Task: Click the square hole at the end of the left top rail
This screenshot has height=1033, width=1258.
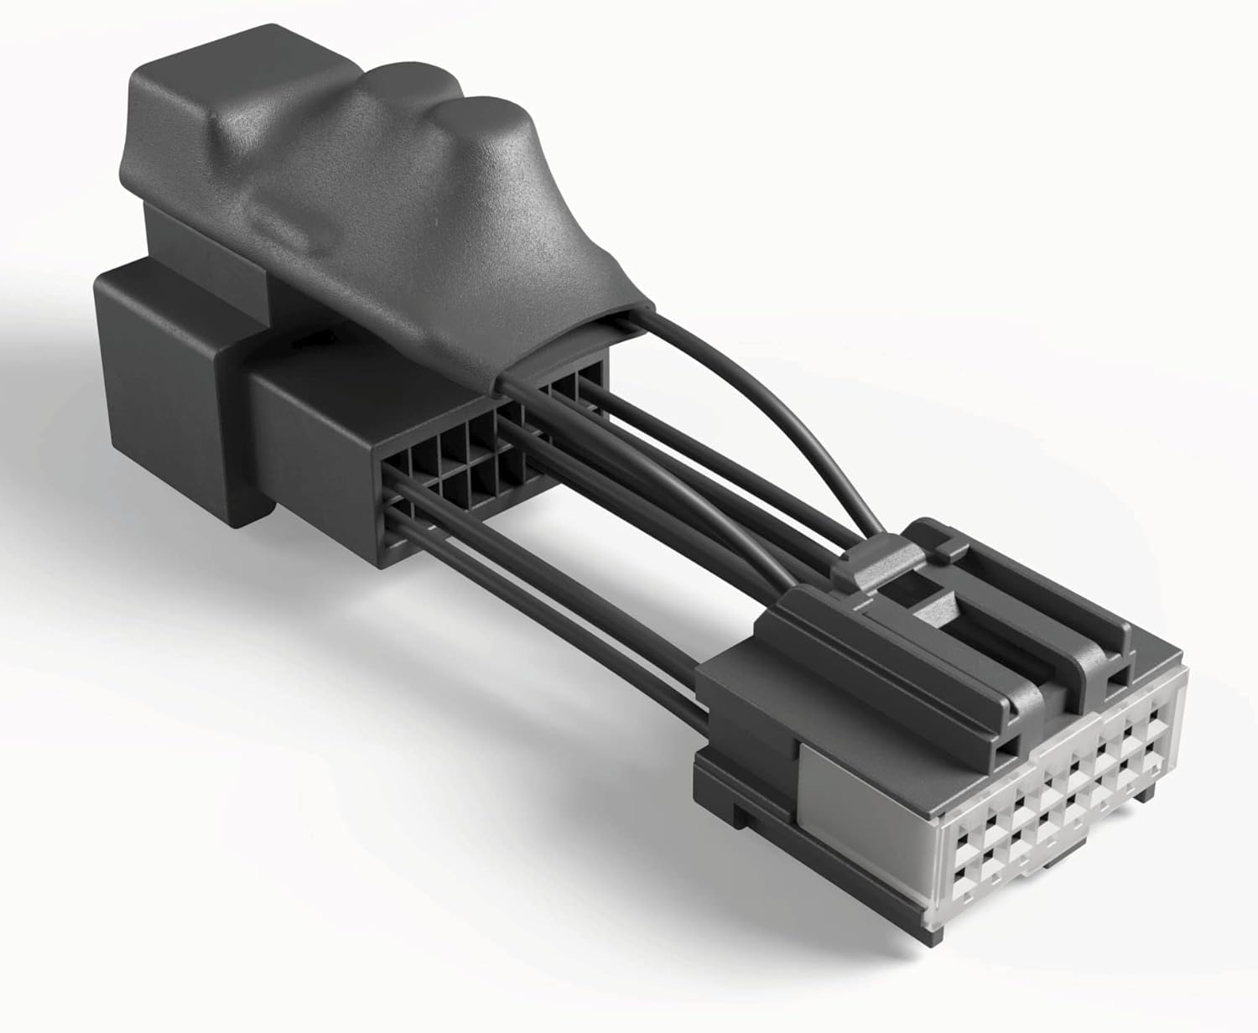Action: [x=1001, y=745]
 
